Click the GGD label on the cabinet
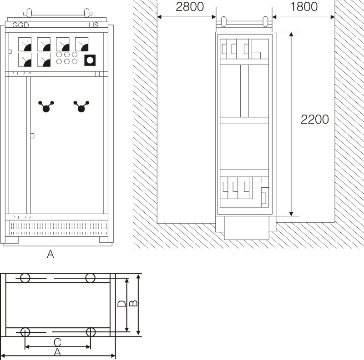(x=20, y=25)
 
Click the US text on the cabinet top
(x=94, y=25)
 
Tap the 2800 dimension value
(x=190, y=7)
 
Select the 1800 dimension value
(x=304, y=7)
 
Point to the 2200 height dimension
(x=314, y=120)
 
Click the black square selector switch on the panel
(x=90, y=60)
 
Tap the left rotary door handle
(x=46, y=106)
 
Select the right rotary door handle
(x=81, y=106)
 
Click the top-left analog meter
(x=25, y=44)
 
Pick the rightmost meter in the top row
(x=82, y=44)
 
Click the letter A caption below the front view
(x=51, y=254)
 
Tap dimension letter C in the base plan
(x=57, y=342)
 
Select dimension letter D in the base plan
(x=121, y=304)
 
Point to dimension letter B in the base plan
(x=133, y=303)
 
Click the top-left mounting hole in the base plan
(x=25, y=278)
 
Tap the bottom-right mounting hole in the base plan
(x=91, y=332)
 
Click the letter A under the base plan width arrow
(x=57, y=352)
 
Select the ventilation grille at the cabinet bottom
(x=59, y=228)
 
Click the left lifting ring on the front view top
(x=29, y=13)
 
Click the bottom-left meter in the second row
(x=25, y=60)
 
